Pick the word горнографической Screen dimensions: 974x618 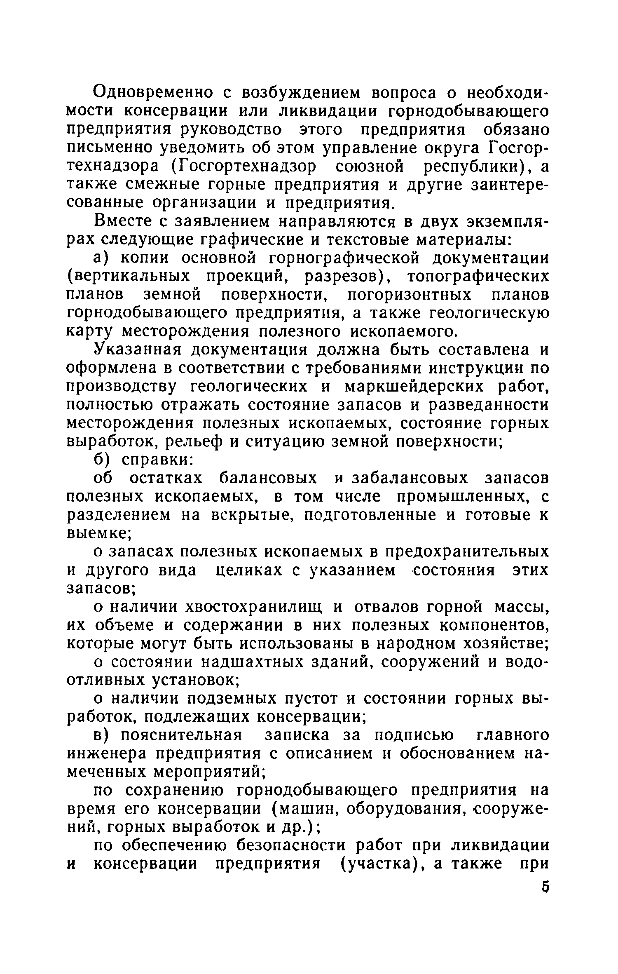click(x=344, y=258)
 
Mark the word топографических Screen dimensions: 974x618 click(x=478, y=277)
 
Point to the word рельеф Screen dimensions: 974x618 click(x=197, y=441)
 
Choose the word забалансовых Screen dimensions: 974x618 click(x=410, y=478)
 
